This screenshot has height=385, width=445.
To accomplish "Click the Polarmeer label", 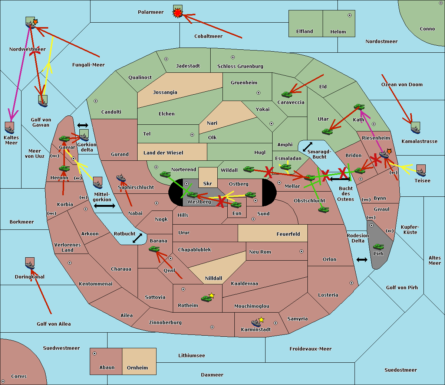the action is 151,12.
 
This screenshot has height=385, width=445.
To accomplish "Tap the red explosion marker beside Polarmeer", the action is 178,13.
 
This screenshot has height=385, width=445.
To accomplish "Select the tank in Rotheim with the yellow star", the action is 206,298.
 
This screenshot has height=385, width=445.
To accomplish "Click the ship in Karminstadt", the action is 256,323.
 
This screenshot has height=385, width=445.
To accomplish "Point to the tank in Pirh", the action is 378,247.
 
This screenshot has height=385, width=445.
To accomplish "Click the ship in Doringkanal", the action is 30,265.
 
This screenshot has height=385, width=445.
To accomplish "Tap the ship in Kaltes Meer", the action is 10,130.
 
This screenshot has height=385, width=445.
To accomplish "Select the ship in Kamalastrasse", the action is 415,130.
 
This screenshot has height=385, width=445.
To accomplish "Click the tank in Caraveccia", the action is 287,94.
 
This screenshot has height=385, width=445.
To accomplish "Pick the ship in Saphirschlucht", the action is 121,178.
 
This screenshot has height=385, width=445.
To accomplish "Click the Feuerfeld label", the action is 288,234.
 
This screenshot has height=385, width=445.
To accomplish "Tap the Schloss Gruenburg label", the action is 240,66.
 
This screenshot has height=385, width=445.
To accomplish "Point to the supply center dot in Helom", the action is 350,15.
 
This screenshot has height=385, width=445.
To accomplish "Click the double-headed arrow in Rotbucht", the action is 137,238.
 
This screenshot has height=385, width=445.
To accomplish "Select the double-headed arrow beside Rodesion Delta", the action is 362,260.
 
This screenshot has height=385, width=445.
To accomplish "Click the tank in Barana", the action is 154,249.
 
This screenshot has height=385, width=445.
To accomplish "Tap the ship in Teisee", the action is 421,173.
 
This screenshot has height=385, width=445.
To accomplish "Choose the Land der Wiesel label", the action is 163,153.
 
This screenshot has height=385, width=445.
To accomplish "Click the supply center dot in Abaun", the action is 94,353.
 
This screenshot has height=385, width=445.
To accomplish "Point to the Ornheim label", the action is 137,368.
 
